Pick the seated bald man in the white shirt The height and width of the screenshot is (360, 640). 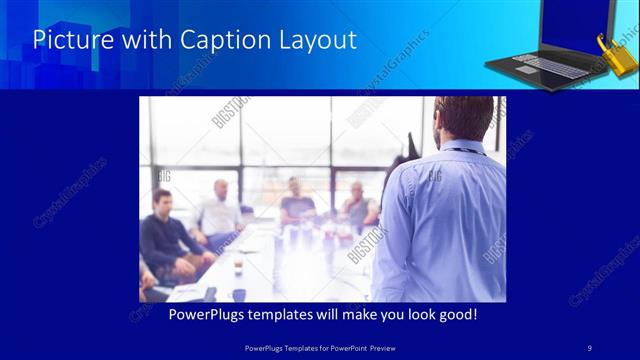[x=219, y=210]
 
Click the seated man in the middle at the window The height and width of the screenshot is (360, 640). [x=297, y=200]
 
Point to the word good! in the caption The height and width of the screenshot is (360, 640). [x=456, y=315]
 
